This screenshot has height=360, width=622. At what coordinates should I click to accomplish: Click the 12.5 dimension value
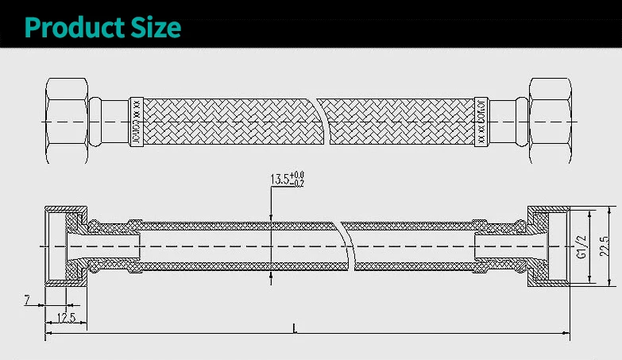point(65,319)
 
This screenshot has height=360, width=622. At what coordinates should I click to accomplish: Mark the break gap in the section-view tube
point(346,246)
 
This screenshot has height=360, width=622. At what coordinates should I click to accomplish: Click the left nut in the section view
point(65,246)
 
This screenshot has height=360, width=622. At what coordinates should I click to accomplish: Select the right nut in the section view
point(548,246)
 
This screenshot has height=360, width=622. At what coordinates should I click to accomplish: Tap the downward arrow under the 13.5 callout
point(271,216)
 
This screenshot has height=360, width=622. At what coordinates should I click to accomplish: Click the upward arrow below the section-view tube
point(271,277)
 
